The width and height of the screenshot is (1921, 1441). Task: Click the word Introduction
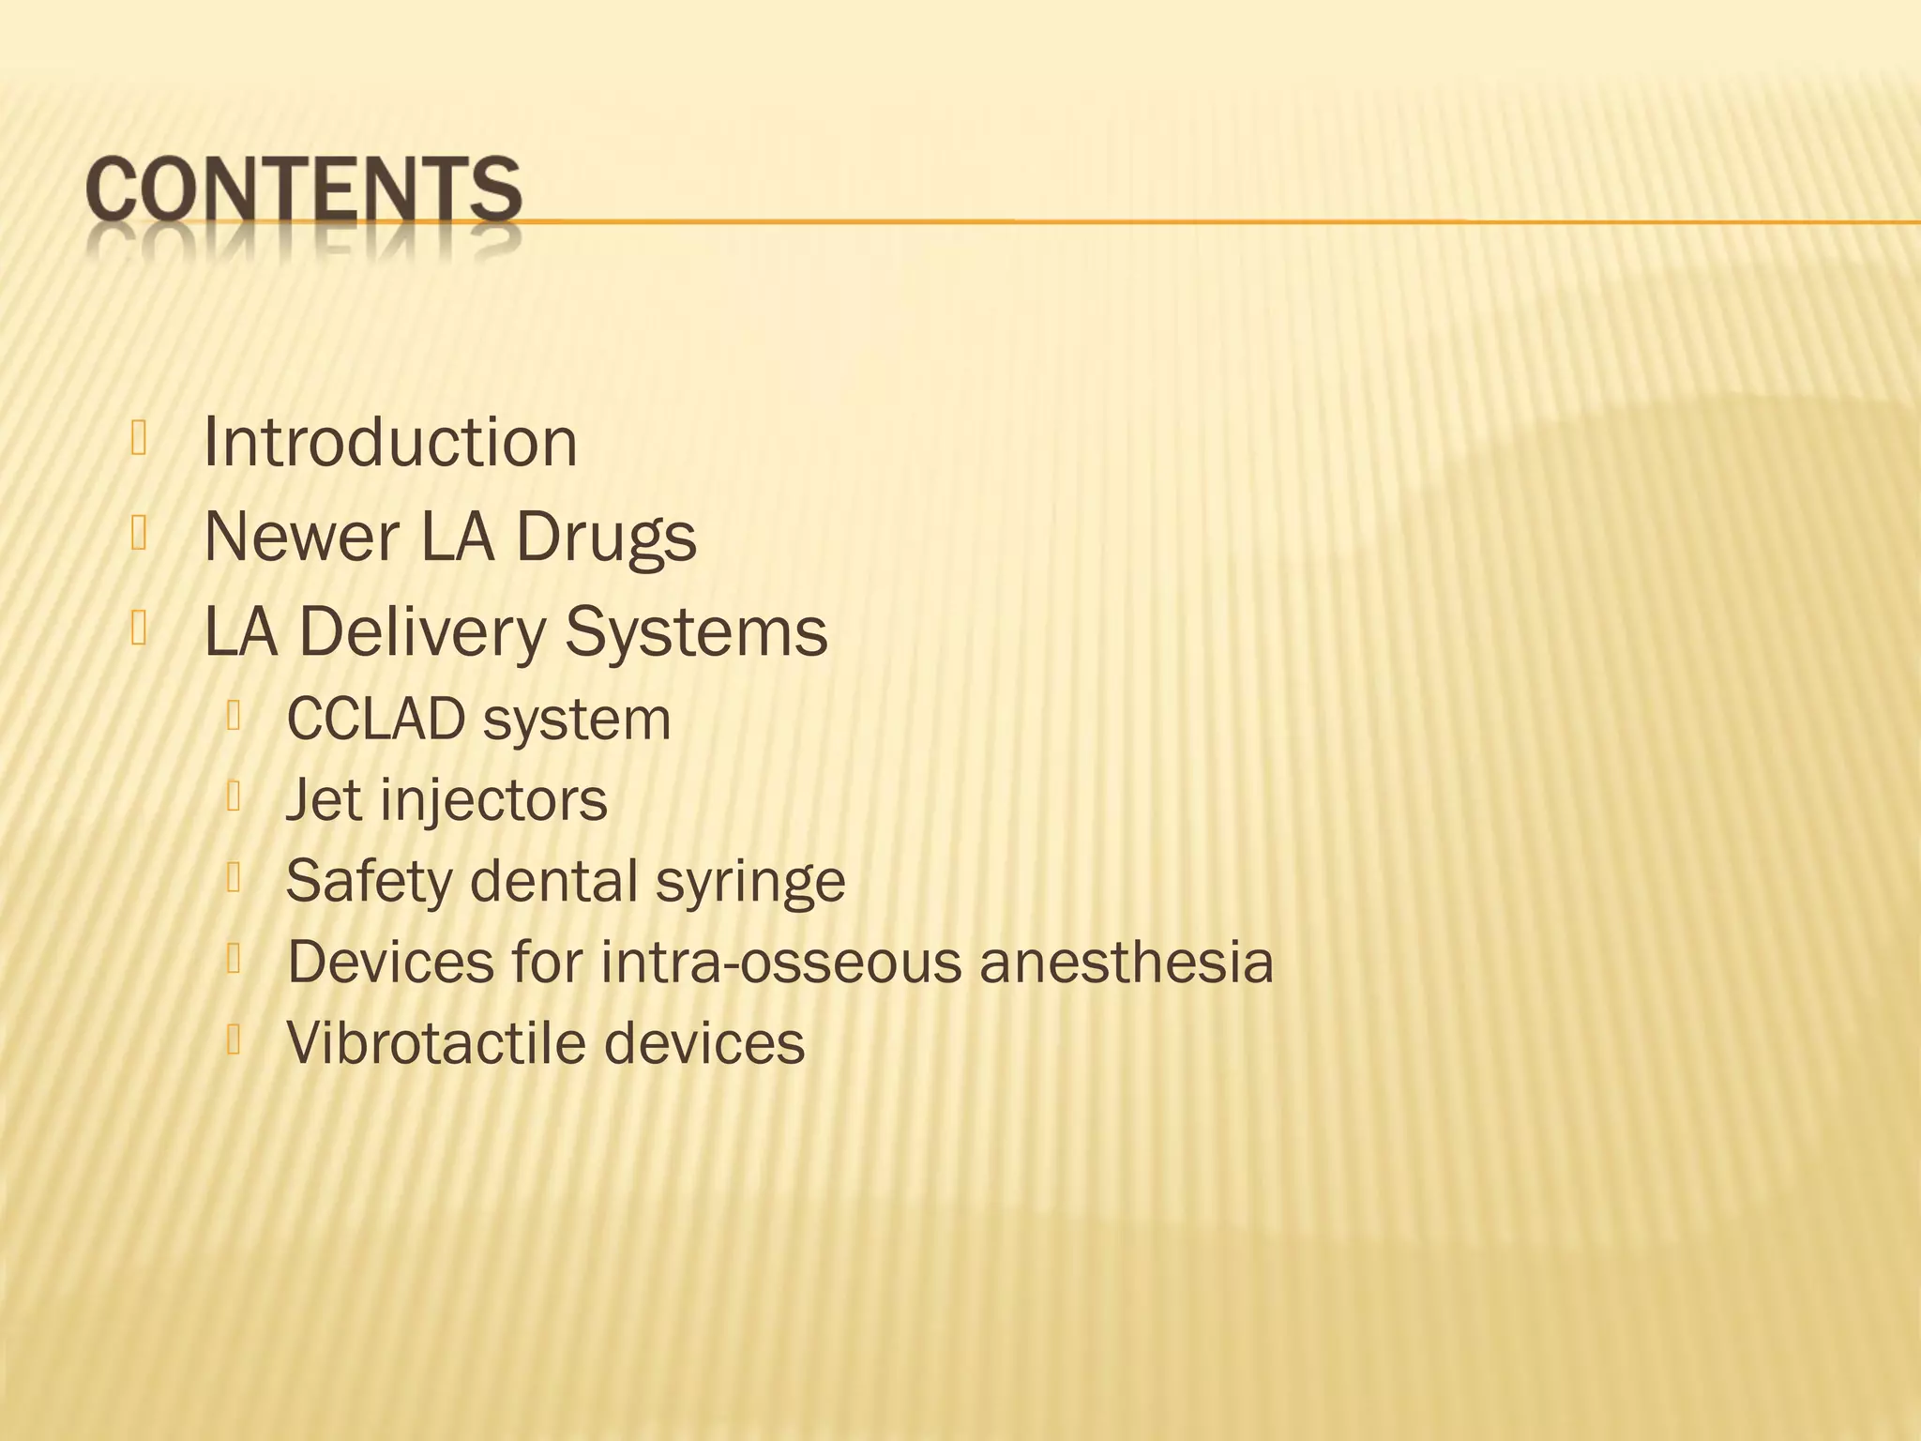tap(389, 442)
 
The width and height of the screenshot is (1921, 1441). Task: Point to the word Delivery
tap(421, 631)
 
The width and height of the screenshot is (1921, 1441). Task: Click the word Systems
tap(696, 633)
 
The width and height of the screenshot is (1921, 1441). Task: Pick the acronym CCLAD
tap(375, 720)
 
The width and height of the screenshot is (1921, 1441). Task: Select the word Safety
tap(369, 882)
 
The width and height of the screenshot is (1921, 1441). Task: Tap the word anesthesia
tap(1127, 962)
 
